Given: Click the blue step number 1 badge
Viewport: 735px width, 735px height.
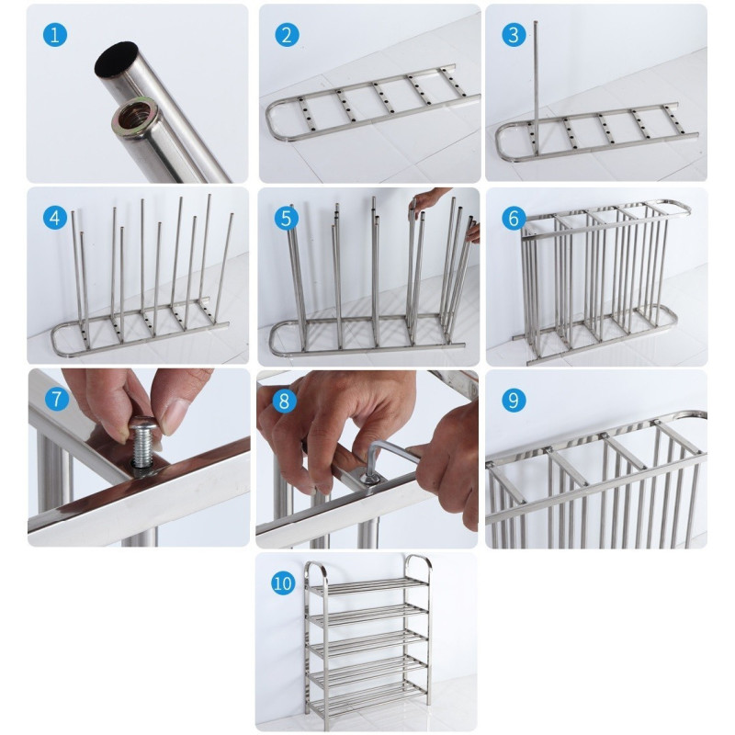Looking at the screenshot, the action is point(55,35).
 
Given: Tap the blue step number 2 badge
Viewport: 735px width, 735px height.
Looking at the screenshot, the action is point(287,35).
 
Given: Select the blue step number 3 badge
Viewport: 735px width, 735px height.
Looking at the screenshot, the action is point(514,35).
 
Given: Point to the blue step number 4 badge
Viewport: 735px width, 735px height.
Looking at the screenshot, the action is point(55,218).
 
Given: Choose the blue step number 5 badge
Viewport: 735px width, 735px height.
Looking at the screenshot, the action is point(286,218).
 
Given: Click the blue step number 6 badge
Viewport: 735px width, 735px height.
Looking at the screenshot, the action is point(514,218).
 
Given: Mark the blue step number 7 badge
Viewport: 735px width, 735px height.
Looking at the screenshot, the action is point(57,399).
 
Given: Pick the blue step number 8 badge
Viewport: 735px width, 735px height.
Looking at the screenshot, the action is point(284,401).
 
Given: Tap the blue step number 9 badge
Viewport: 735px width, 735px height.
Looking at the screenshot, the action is point(514,401).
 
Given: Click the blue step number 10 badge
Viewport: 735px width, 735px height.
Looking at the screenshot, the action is point(283,583).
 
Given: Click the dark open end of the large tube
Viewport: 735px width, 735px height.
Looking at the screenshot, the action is point(117,59).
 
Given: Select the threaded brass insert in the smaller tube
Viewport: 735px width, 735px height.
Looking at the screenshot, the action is point(135,118).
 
